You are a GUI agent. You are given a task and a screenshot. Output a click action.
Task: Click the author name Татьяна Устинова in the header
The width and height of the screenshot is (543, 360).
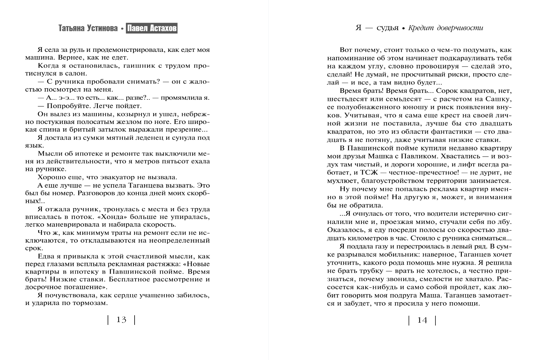(x=88, y=29)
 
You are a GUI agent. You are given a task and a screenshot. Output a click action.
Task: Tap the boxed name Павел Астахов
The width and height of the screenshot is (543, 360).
(x=152, y=29)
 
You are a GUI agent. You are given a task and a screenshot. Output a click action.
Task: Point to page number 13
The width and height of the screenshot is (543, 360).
(x=121, y=320)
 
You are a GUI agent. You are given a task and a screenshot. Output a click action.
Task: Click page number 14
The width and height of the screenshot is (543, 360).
(x=422, y=320)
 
